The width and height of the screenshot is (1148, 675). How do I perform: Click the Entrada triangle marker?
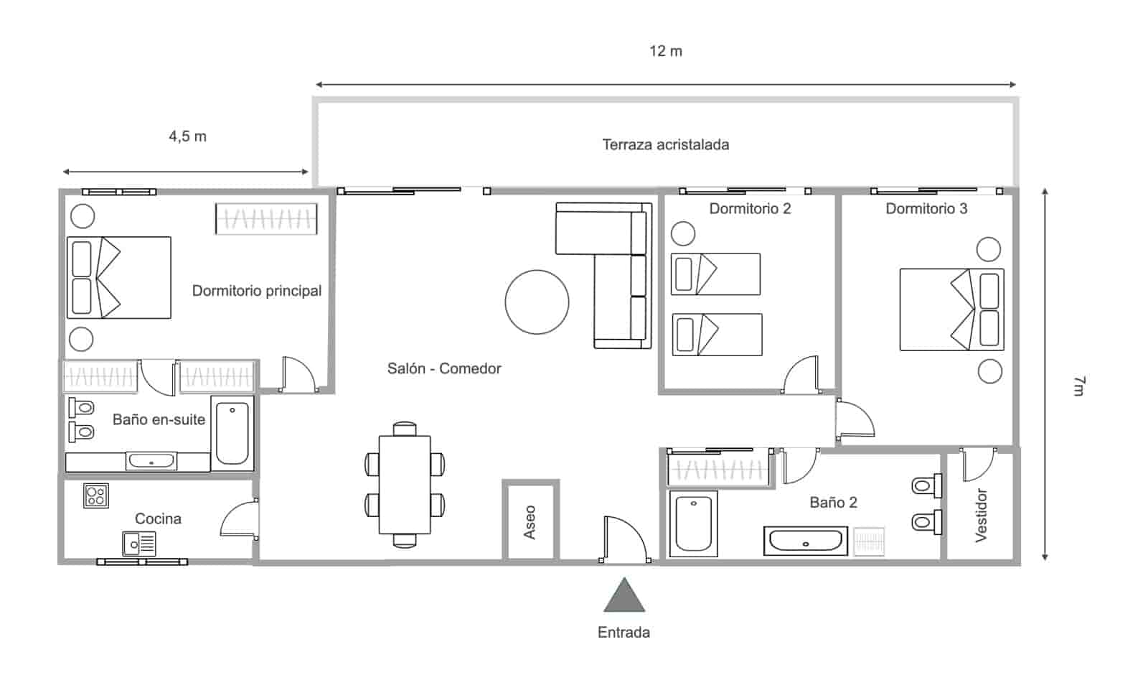[624, 596]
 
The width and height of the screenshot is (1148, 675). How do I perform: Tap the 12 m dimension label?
[666, 51]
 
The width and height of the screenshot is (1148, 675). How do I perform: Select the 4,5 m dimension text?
[187, 136]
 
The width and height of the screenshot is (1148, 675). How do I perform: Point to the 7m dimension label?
[1078, 386]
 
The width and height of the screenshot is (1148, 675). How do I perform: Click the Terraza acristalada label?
[665, 144]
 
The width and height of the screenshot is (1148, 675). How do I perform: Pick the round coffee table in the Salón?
[537, 302]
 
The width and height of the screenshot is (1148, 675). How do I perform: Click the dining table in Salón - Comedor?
[405, 485]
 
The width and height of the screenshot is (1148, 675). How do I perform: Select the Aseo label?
[530, 522]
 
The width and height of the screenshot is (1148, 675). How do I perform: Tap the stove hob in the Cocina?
[95, 495]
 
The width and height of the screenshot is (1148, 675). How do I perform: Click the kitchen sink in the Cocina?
[138, 544]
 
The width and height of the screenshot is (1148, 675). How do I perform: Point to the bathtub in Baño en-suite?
[232, 433]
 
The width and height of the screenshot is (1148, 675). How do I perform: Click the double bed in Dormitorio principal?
[118, 277]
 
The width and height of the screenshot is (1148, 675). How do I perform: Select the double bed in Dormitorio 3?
[951, 309]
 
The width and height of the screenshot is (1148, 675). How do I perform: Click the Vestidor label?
[982, 515]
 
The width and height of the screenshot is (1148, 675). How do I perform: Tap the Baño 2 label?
[833, 503]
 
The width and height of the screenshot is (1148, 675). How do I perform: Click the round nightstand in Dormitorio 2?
[682, 233]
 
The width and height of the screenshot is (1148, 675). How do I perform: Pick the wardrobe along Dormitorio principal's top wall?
[265, 219]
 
